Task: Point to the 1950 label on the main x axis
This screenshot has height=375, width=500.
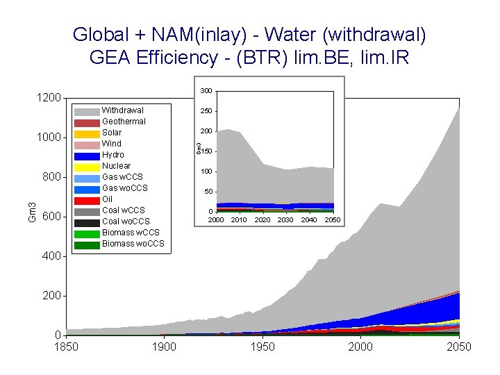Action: coord(262,347)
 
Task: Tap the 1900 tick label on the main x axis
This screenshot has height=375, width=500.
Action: coord(164,347)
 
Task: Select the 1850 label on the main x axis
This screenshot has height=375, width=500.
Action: coord(67,347)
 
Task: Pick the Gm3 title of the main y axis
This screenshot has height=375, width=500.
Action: coord(32,212)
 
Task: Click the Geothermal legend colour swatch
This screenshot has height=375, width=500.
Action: coord(87,122)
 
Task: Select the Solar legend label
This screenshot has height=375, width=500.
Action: coord(112,133)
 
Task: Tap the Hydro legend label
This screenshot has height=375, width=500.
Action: coord(113,155)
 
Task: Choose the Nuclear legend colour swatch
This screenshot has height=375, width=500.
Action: coord(87,167)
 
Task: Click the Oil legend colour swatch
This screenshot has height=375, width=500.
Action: coord(87,200)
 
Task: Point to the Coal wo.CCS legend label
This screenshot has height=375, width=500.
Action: coord(126,222)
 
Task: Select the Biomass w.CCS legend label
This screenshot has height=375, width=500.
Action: coord(131,233)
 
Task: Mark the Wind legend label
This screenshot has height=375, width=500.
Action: coord(111,144)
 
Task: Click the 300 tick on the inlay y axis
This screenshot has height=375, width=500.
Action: coord(206,92)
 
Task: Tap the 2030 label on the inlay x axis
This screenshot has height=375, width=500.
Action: coord(285,220)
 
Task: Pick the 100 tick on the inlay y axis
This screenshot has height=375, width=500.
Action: coord(206,172)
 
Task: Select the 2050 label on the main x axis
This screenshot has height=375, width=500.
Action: coord(459,347)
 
